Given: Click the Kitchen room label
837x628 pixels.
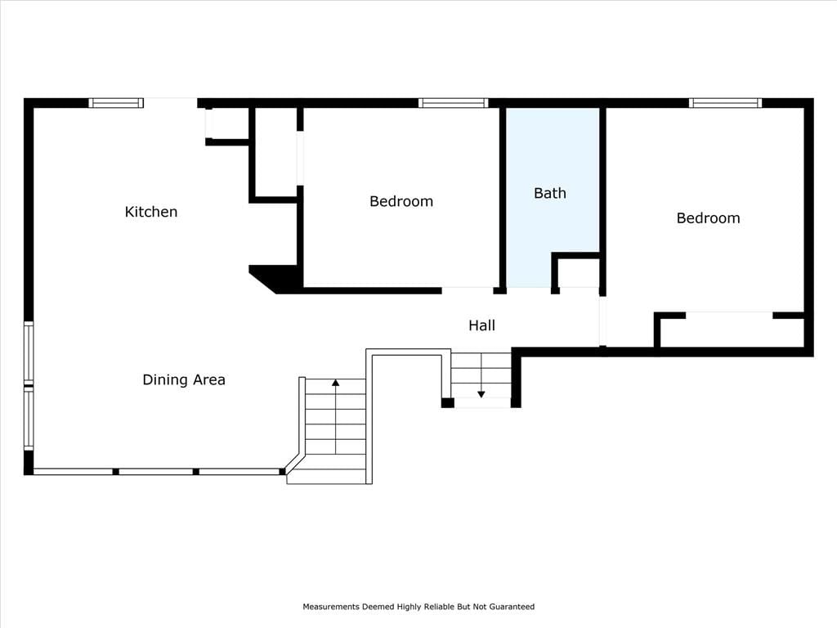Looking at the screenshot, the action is tap(151, 212).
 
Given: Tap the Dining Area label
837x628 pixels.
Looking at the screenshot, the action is tap(184, 379).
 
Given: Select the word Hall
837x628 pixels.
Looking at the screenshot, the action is tap(481, 325).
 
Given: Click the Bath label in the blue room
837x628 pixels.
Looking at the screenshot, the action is tap(550, 193).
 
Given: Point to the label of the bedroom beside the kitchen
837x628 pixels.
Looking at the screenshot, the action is tap(401, 201).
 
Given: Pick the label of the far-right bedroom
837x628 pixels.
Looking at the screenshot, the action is tap(708, 218).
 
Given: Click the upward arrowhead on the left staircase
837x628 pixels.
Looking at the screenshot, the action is tap(335, 383).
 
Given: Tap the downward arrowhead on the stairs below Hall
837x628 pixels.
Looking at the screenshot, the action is tap(481, 395).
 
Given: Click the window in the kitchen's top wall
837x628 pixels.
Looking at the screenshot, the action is tap(116, 103).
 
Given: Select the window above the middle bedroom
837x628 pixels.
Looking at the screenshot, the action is tap(453, 103).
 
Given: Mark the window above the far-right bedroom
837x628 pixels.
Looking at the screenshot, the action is tap(725, 103).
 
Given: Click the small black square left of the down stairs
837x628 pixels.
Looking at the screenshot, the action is tap(447, 402).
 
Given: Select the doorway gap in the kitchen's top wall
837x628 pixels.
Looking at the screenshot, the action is tap(170, 103).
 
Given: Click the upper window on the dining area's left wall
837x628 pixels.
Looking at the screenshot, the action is tap(29, 352).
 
